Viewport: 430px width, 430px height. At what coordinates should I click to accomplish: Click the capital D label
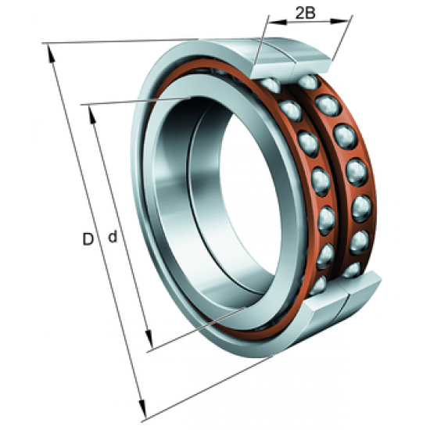tap(88, 238)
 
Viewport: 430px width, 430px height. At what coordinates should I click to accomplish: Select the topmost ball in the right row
tap(308, 82)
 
